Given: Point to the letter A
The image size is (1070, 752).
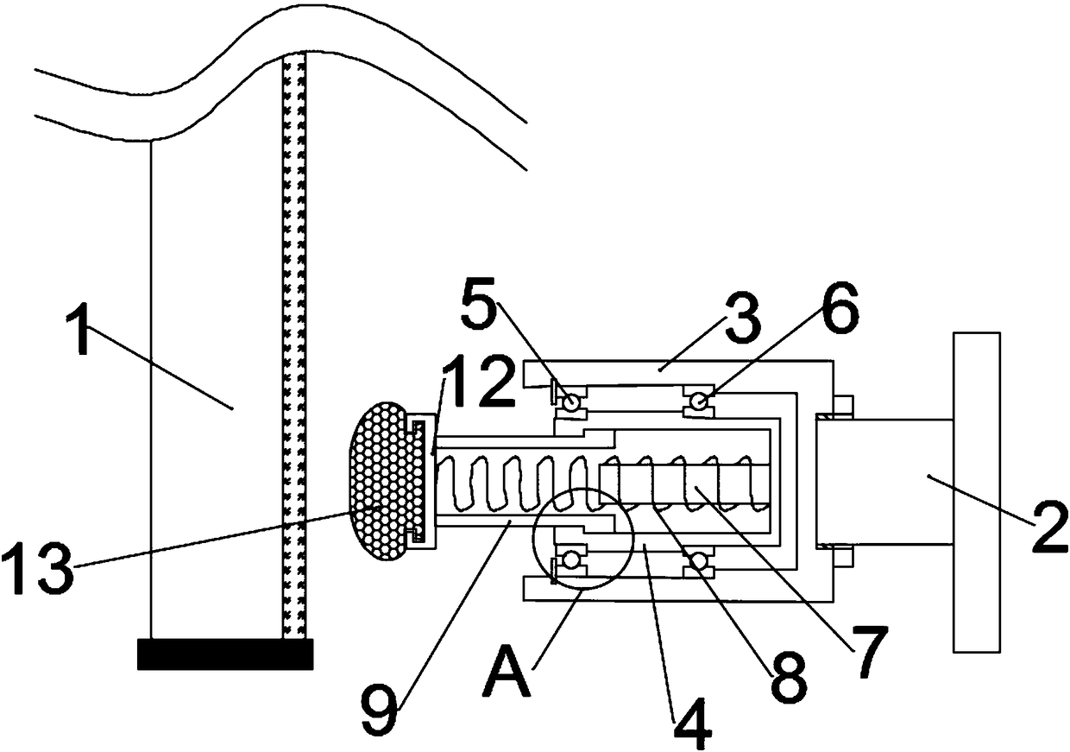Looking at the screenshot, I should point(508,673).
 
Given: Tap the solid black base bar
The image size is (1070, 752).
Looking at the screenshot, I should point(224,654).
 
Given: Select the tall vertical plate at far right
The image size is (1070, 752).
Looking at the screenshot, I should point(977,491).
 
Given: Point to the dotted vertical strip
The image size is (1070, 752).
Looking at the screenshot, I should point(294,345).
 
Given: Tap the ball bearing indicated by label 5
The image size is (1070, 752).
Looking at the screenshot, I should point(569,401).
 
